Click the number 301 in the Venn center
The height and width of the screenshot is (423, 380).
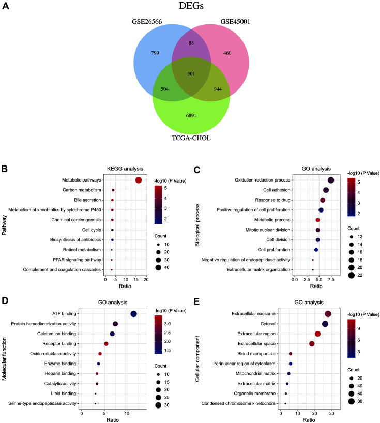(x=191, y=74)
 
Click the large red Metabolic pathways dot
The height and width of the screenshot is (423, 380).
(x=138, y=180)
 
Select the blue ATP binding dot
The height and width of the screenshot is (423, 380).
(x=133, y=314)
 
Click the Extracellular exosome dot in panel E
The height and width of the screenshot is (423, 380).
(x=328, y=314)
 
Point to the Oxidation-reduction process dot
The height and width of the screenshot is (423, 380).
(x=331, y=180)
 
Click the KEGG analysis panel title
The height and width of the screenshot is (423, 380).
(x=126, y=169)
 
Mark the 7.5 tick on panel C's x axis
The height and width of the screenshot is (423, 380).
(x=331, y=279)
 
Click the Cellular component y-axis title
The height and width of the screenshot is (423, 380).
(x=197, y=358)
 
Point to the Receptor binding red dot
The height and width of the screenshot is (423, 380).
(x=106, y=344)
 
